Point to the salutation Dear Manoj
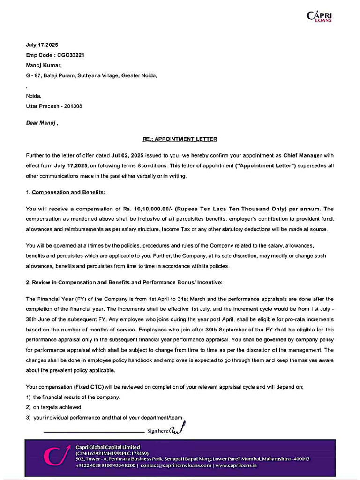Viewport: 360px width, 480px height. (x=41, y=123)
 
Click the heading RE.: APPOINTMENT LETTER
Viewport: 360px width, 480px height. (x=180, y=139)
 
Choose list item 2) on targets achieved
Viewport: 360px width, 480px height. (x=54, y=407)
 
